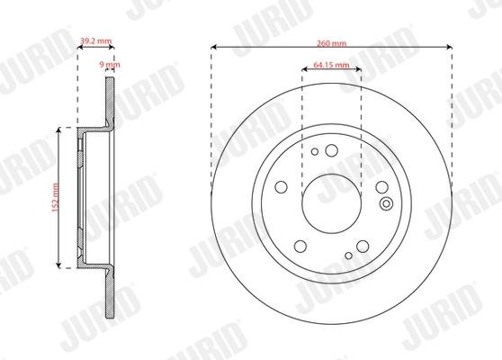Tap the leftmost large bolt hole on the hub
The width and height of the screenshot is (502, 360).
tap(282, 188)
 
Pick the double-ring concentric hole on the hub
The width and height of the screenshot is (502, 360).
tap(387, 203)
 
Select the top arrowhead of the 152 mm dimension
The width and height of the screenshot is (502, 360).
tap(60, 130)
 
